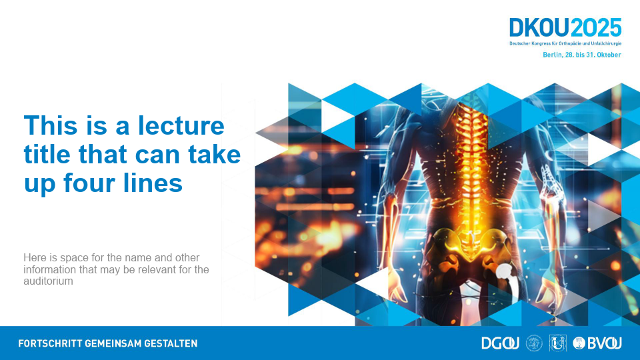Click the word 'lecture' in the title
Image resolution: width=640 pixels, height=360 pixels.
pyautogui.click(x=181, y=125)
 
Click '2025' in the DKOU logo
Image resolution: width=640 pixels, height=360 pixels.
pyautogui.click(x=595, y=28)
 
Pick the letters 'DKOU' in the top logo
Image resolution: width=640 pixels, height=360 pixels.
pyautogui.click(x=539, y=28)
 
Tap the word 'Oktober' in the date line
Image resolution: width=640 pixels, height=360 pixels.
pyautogui.click(x=609, y=55)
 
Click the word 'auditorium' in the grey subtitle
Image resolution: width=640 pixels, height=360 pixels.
pyautogui.click(x=48, y=281)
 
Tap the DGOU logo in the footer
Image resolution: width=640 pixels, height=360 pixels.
pyautogui.click(x=501, y=343)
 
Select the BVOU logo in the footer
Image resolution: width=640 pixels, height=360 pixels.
pyautogui.click(x=597, y=343)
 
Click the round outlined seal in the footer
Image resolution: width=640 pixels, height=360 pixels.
pyautogui.click(x=534, y=343)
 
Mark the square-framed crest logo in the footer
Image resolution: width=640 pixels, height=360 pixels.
pyautogui.click(x=557, y=343)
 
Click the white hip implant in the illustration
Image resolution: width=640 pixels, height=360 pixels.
pyautogui.click(x=506, y=277)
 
